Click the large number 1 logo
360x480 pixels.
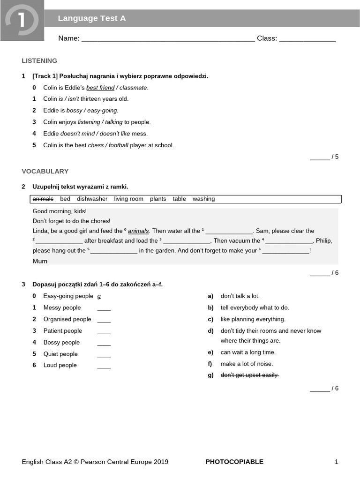[x=22, y=21]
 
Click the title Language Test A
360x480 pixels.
[x=91, y=18]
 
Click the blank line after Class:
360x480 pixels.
[x=307, y=38]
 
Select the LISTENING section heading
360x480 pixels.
[x=39, y=60]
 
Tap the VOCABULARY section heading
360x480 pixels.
[x=45, y=171]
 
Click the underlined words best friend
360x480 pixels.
[x=100, y=88]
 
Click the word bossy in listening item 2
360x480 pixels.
[x=74, y=111]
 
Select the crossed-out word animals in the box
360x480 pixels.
[x=43, y=199]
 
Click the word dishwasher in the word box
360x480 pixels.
[x=92, y=199]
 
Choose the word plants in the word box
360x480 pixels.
[x=158, y=199]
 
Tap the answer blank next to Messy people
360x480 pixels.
[x=104, y=308]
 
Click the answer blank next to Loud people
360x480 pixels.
[x=104, y=366]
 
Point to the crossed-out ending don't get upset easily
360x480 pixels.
[x=249, y=375]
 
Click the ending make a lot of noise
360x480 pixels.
[x=247, y=364]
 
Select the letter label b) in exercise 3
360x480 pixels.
[x=210, y=308]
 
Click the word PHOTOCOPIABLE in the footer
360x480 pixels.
[x=234, y=462]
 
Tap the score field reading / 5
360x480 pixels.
[x=324, y=157]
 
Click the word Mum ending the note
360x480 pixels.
[x=40, y=261]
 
